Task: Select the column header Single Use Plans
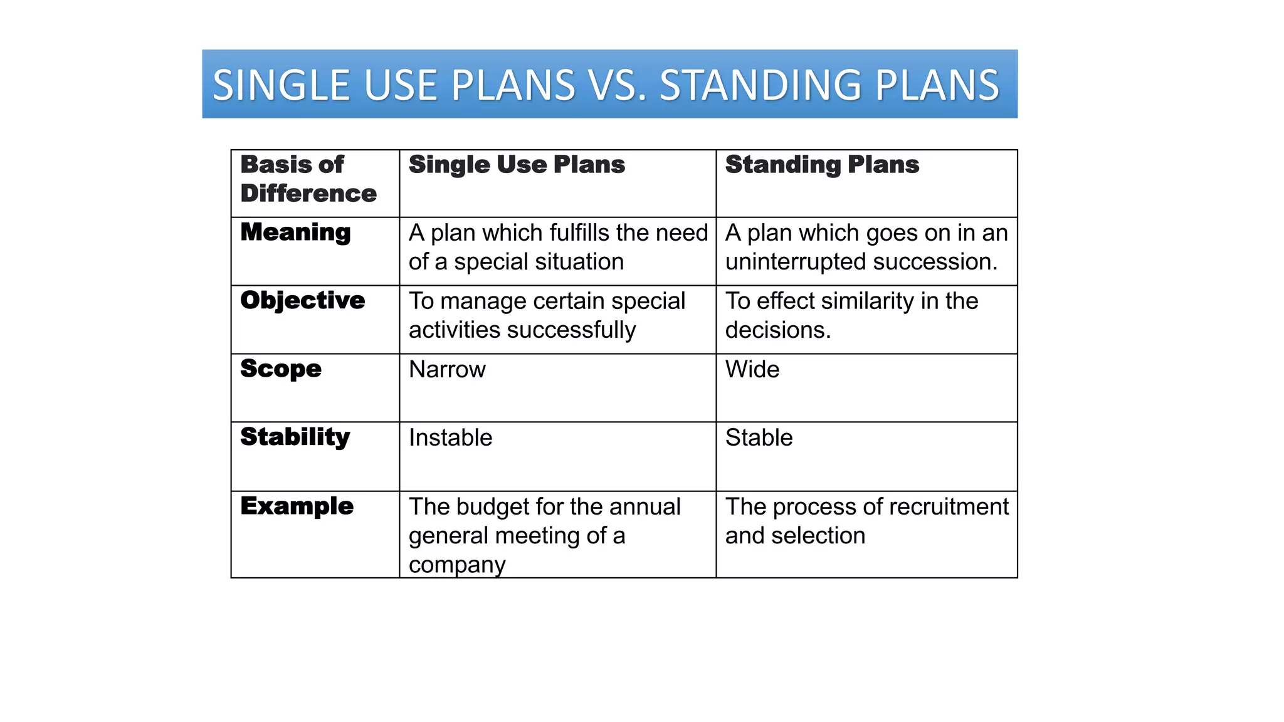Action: tap(517, 165)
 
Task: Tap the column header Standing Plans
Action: tap(822, 165)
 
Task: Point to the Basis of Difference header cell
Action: tap(308, 179)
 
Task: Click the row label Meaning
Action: tap(295, 233)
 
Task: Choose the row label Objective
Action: tap(302, 301)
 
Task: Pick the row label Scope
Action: tap(281, 369)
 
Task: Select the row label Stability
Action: tap(295, 437)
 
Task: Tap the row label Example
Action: tap(297, 506)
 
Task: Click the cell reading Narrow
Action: tap(447, 370)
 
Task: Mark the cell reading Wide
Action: tap(752, 370)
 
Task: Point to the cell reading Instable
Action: tap(450, 438)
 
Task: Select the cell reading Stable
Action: tap(759, 438)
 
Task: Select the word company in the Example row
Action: tap(457, 565)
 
